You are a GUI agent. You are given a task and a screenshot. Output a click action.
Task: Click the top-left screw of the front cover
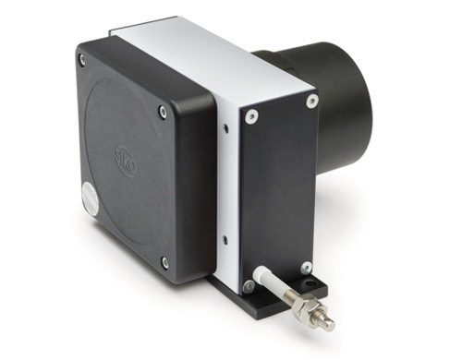pyautogui.click(x=81, y=61)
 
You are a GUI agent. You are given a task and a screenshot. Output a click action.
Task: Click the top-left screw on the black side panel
pyautogui.click(x=249, y=115)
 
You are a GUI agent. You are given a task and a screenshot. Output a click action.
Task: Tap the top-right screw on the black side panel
pyautogui.click(x=312, y=100)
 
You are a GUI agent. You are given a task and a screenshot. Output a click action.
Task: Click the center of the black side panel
pyautogui.click(x=279, y=189)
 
